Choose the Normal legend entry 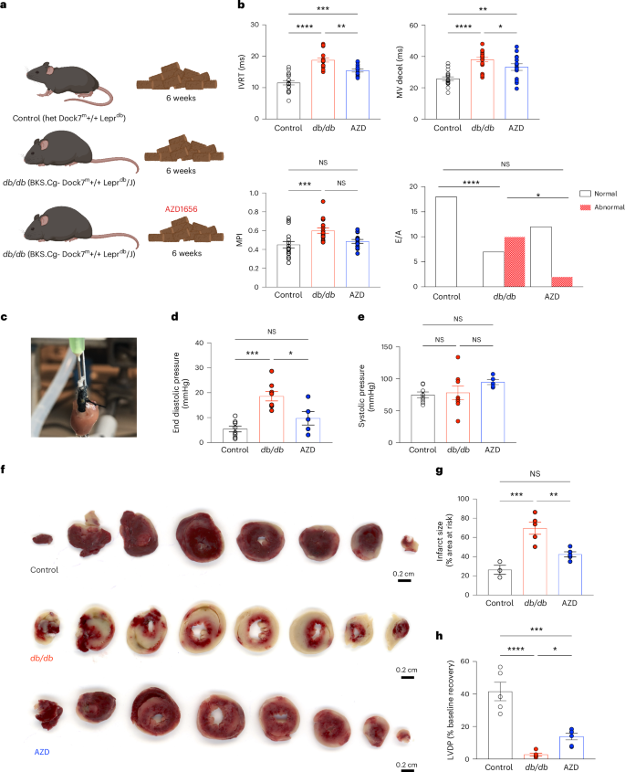(x=599, y=194)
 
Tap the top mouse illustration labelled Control (x=68, y=88)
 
